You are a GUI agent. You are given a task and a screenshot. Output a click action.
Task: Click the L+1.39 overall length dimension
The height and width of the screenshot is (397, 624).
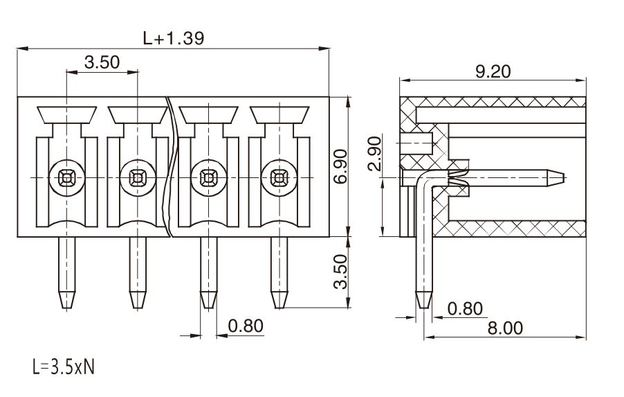click(x=174, y=38)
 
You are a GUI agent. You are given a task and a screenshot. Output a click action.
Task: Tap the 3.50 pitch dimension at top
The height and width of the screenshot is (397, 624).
click(x=102, y=62)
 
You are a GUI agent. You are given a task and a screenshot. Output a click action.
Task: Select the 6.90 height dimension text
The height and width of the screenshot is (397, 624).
click(x=340, y=166)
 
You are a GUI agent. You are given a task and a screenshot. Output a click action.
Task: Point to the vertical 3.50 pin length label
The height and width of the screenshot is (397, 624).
click(x=340, y=272)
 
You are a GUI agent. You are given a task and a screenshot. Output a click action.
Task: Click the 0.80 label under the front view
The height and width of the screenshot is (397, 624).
click(x=246, y=326)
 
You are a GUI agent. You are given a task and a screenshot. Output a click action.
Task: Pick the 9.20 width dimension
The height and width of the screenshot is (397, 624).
click(x=493, y=71)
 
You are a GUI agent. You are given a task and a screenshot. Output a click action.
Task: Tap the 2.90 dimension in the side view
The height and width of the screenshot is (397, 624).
click(x=374, y=153)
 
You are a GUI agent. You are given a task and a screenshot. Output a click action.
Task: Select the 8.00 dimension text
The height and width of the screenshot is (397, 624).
click(x=506, y=328)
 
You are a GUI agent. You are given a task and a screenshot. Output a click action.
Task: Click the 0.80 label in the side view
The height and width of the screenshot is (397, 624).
click(x=465, y=308)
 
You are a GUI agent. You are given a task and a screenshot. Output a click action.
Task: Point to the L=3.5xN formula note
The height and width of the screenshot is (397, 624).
click(x=64, y=367)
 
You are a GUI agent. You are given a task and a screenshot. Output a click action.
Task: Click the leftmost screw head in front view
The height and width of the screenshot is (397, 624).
click(x=67, y=178)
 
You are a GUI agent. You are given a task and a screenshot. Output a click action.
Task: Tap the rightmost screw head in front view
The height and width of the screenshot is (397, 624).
click(x=279, y=178)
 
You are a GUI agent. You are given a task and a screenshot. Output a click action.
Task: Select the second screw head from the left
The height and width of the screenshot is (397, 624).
click(x=138, y=178)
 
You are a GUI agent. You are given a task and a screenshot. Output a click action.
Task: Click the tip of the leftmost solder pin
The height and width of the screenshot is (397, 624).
click(x=67, y=308)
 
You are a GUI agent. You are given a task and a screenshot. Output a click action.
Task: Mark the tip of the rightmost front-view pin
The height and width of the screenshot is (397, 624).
click(x=279, y=308)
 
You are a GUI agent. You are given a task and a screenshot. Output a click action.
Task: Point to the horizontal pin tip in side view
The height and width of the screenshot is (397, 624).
click(x=564, y=177)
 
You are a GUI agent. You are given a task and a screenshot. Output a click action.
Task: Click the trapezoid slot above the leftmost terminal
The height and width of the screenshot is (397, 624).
click(x=67, y=115)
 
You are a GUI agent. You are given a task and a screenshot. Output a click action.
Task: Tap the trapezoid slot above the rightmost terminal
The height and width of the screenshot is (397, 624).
click(x=279, y=115)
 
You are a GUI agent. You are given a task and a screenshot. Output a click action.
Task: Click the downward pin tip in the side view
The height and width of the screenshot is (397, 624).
click(x=423, y=308)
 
